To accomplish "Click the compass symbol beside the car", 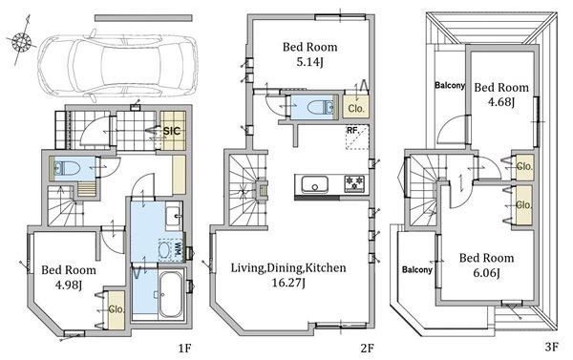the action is (x=21, y=41).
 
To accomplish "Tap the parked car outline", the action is (x=117, y=66).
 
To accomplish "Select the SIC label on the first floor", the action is (x=171, y=131).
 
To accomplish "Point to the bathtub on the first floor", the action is (x=170, y=294).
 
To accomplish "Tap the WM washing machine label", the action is (x=178, y=250).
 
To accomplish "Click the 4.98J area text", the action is (x=69, y=285).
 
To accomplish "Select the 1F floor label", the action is (x=185, y=348).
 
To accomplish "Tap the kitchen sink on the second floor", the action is (x=314, y=184).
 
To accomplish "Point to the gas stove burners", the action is (x=354, y=184).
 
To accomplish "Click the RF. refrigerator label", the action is (x=351, y=130).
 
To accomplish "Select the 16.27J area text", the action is (x=288, y=283).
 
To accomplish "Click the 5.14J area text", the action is (x=309, y=62).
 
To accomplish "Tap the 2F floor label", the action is (x=368, y=348).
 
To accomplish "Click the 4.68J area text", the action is (x=501, y=102).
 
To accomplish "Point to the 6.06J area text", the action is (x=486, y=273).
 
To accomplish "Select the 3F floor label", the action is (x=551, y=347).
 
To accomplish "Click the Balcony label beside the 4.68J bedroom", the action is (x=450, y=86).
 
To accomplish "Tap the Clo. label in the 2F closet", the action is (x=356, y=109).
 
